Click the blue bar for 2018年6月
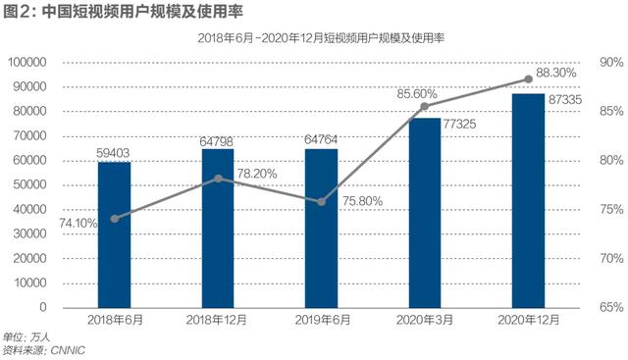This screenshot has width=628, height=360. pos(114,234)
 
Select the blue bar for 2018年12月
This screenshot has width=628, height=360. pos(218,228)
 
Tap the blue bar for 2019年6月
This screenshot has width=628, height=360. pos(321,228)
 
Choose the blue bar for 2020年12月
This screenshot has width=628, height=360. pos(529,200)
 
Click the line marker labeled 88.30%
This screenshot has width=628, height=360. pos(529,79)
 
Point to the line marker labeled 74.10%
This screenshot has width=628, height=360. pos(114,219)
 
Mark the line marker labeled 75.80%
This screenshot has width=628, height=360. pos(321,202)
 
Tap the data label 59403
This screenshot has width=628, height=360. pos(114,152)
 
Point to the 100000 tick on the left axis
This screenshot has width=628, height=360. pos(34,63)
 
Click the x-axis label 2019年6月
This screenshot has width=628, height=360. pos(321,322)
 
